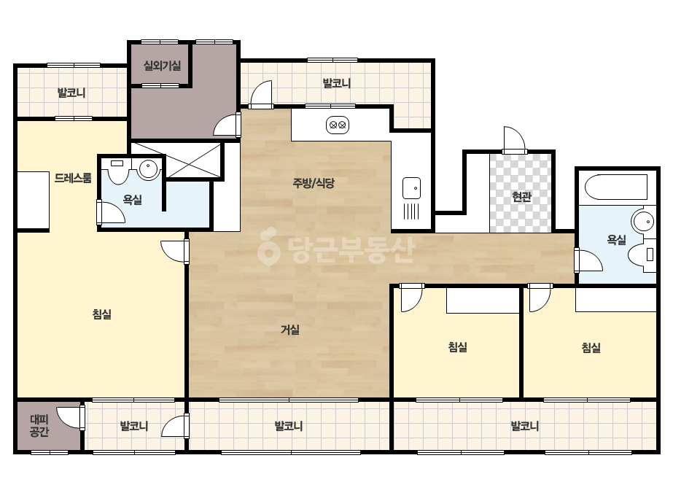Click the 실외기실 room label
coord(162,66)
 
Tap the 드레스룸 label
coord(73,178)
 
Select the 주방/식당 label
coord(314,183)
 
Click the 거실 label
coord(290,330)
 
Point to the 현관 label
coord(521,197)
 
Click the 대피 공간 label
coord(39,426)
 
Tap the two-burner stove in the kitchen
coord(338,125)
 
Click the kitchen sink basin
coord(411,188)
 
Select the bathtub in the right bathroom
coord(616,187)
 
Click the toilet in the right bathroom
coord(642,255)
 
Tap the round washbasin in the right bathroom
coord(643,222)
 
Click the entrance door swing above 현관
coord(514,139)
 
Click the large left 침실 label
coord(102,314)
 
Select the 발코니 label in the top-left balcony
coord(71,93)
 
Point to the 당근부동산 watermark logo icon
coord(268,246)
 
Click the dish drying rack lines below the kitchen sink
coord(411,211)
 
